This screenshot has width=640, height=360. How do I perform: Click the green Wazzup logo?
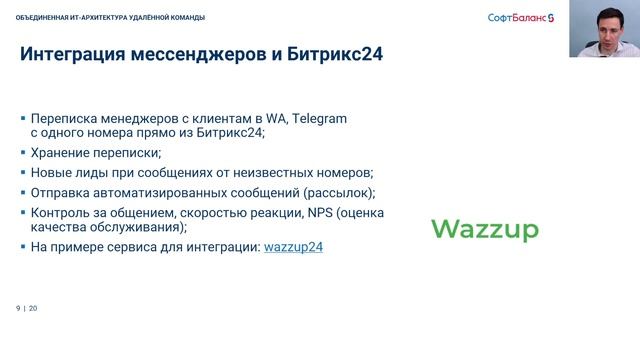[485, 230]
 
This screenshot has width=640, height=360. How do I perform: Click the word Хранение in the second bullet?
[63, 153]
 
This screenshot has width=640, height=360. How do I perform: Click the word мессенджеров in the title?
[198, 57]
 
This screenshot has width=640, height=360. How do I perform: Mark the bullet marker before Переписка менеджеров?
[23, 118]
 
